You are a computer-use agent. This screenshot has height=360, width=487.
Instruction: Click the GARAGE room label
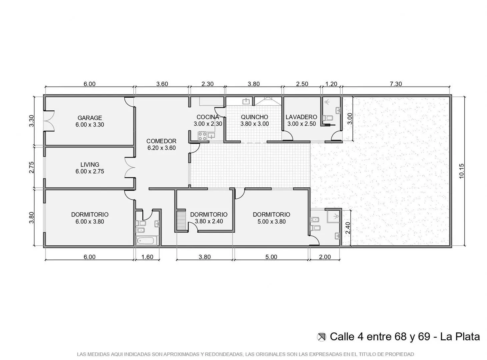pos(90,118)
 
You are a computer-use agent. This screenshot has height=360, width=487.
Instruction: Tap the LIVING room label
pos(90,165)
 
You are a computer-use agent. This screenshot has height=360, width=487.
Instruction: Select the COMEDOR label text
pos(161,141)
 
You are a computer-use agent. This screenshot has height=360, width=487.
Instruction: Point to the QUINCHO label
pos(254,117)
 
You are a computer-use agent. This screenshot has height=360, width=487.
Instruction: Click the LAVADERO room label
pos(301,117)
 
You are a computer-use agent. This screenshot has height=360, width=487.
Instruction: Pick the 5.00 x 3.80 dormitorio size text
pos(272,221)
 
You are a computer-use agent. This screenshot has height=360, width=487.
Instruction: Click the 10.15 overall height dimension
pos(461,171)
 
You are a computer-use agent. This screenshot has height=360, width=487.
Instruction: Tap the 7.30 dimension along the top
pos(396,84)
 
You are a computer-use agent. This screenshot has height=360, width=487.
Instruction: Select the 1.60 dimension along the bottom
pos(147,257)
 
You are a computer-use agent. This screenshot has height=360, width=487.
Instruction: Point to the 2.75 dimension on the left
pos(32,167)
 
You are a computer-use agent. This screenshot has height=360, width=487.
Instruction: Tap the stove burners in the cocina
pos(202,136)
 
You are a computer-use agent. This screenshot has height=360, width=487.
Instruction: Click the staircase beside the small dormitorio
pos(181,220)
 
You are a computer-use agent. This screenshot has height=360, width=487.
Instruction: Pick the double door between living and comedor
pos(130,167)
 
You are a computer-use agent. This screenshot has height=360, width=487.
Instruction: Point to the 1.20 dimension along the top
pos(331,84)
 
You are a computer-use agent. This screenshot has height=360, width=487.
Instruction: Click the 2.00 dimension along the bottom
pos(325,257)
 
